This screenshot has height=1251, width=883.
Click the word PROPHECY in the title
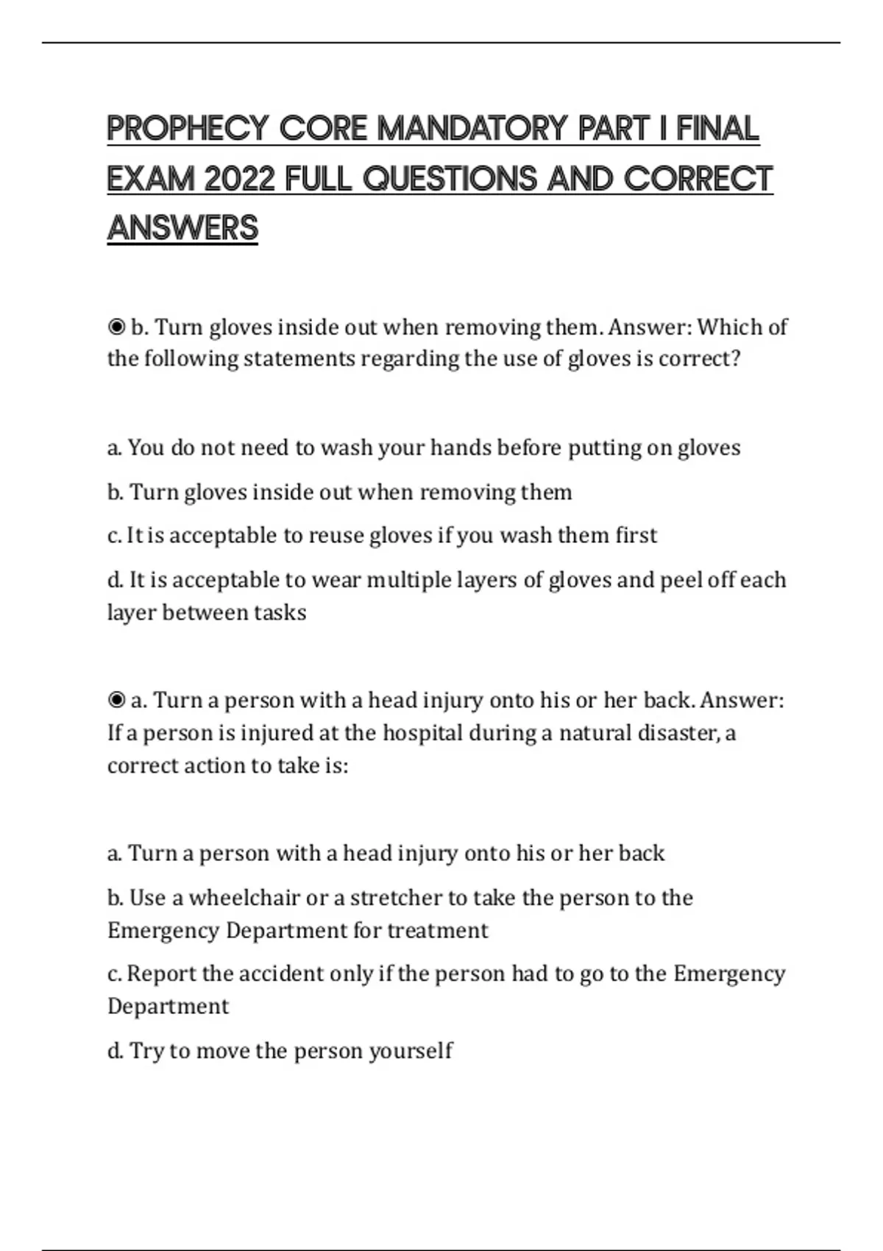click(x=187, y=129)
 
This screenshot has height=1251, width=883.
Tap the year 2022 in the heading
click(x=238, y=179)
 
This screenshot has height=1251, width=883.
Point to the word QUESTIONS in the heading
click(x=450, y=179)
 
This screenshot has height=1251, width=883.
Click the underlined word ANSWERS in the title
click(x=182, y=228)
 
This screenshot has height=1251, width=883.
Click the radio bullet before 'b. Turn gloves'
click(x=116, y=327)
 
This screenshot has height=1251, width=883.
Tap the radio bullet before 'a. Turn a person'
click(x=116, y=700)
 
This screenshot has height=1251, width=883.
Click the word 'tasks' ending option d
click(x=280, y=612)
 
